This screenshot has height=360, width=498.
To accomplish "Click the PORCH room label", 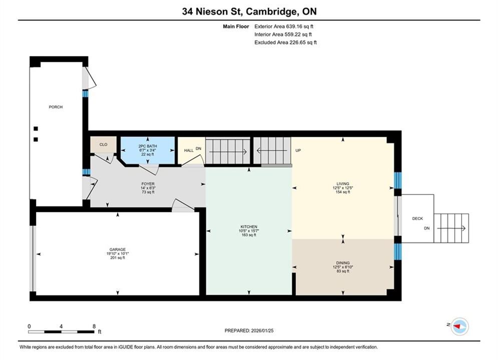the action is click(56, 107).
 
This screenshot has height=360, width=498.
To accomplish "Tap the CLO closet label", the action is click(103, 144).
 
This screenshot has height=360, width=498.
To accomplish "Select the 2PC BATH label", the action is click(148, 146).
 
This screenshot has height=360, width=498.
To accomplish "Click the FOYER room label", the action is click(148, 184).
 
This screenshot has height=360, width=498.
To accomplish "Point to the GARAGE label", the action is click(118, 249).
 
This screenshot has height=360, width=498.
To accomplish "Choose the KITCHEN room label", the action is click(249, 227).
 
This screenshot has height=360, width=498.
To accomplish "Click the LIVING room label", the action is click(343, 183).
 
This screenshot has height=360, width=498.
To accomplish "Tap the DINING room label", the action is click(343, 263).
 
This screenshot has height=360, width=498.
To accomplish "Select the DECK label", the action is click(417, 218).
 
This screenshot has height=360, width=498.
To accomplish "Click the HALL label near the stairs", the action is click(189, 150).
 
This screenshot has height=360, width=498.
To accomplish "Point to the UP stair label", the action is click(298, 150).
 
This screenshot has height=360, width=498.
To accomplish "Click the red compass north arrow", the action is click(457, 326).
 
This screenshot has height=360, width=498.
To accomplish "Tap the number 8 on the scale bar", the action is click(94, 326).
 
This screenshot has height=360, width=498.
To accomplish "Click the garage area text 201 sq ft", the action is click(118, 258).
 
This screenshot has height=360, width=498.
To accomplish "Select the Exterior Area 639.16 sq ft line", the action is click(284, 26).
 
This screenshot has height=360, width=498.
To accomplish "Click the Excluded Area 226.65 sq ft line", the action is click(285, 42).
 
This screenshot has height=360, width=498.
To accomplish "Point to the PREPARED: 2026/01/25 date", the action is click(249, 330).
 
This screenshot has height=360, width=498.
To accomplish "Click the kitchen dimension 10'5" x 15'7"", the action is click(249, 231).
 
